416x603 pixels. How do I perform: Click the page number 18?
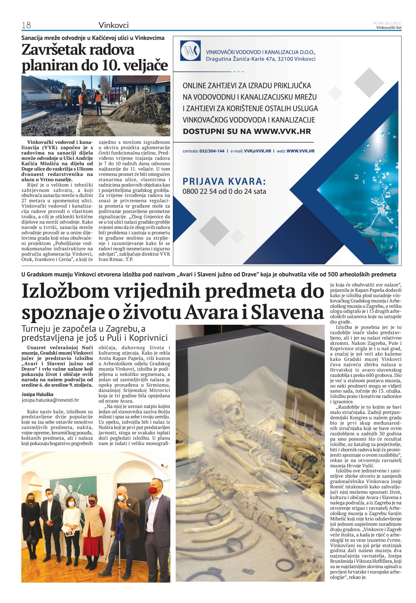pyautogui.click(x=26, y=25)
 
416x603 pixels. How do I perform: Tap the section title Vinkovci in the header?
pyautogui.click(x=114, y=25)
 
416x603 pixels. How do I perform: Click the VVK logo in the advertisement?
pyautogui.click(x=190, y=51)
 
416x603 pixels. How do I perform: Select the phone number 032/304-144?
pyautogui.click(x=212, y=151)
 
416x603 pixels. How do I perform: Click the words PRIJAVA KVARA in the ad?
pyautogui.click(x=224, y=181)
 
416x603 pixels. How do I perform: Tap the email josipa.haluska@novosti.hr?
pyautogui.click(x=50, y=400)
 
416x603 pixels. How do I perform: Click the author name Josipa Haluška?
pyautogui.click(x=37, y=394)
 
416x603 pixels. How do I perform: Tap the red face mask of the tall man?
pyautogui.click(x=153, y=490)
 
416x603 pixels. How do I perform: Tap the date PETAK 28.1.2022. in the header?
pyautogui.click(x=387, y=23)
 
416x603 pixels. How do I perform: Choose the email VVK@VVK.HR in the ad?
pyautogui.click(x=257, y=151)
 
